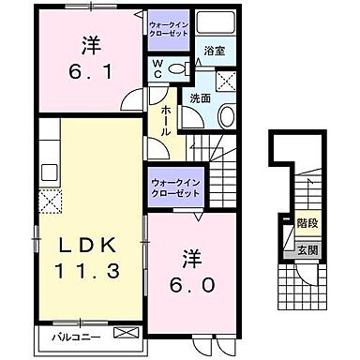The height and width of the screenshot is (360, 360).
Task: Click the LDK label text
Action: pos(89,246)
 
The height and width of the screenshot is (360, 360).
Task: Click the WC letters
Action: pos(159,67)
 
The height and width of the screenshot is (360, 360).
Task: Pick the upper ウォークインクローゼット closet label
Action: pos(170,24)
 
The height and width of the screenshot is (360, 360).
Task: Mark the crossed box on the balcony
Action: pos(125,334)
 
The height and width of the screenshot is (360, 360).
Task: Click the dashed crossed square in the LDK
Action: pos(49,199)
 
